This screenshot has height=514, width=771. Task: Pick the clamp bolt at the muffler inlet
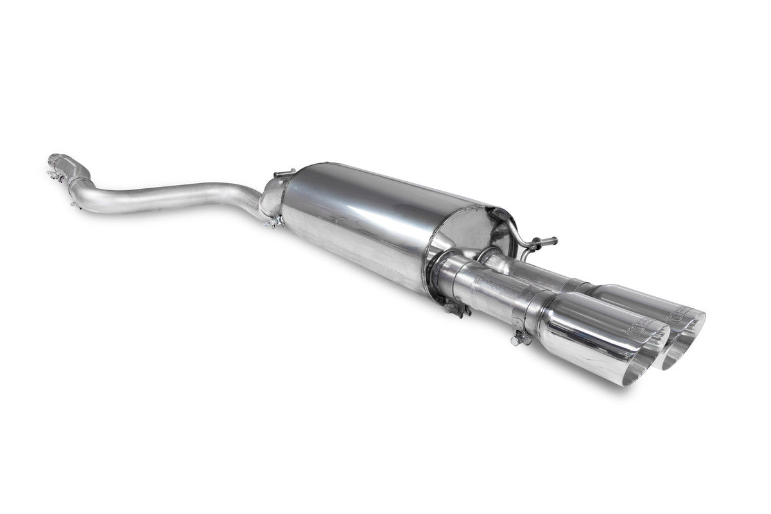(x=273, y=222)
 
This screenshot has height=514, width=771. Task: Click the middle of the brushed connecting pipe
(x=173, y=197)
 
